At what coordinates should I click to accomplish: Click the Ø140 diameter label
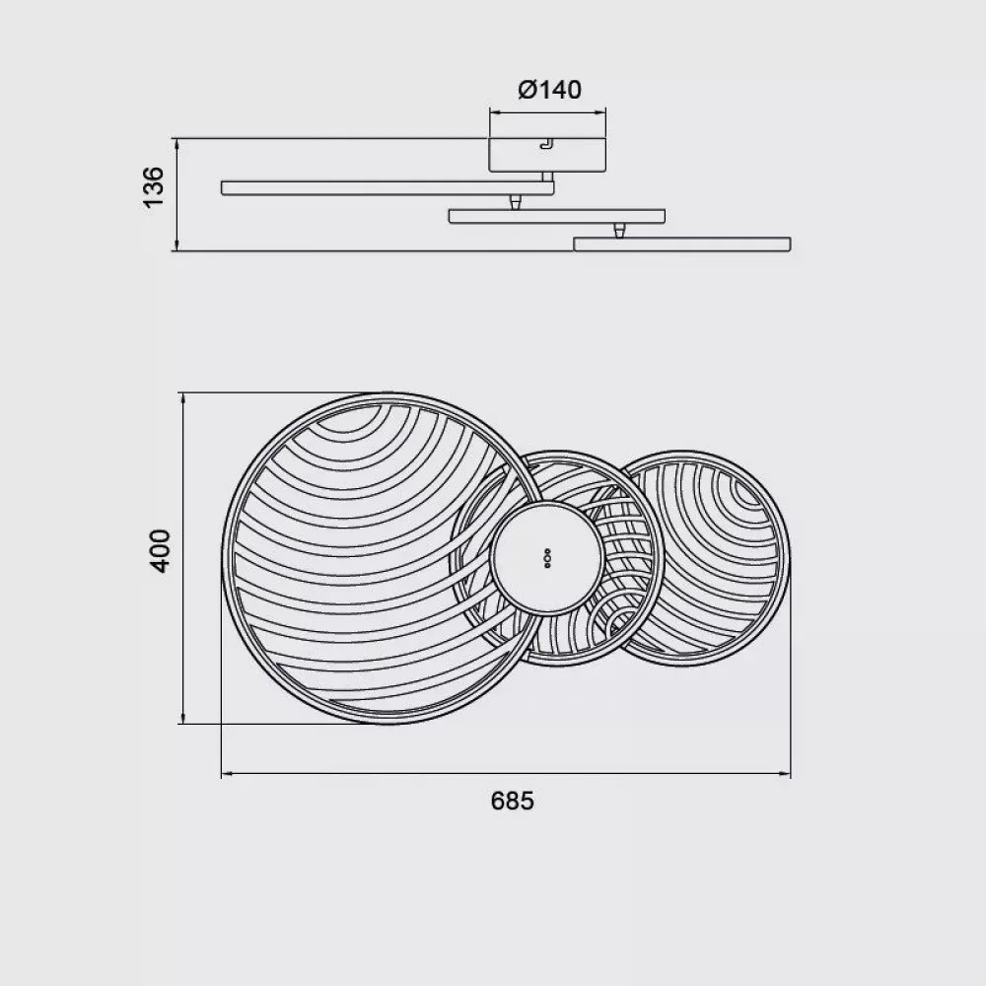549,90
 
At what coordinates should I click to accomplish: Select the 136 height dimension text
154,186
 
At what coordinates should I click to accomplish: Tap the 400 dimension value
160,551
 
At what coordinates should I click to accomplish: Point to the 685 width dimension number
512,801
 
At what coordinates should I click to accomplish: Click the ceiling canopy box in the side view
547,155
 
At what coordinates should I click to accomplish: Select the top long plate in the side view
387,187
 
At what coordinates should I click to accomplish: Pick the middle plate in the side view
556,216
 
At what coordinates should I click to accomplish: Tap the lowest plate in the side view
681,244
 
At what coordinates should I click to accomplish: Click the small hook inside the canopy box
546,144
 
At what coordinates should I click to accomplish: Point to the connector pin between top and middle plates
515,202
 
